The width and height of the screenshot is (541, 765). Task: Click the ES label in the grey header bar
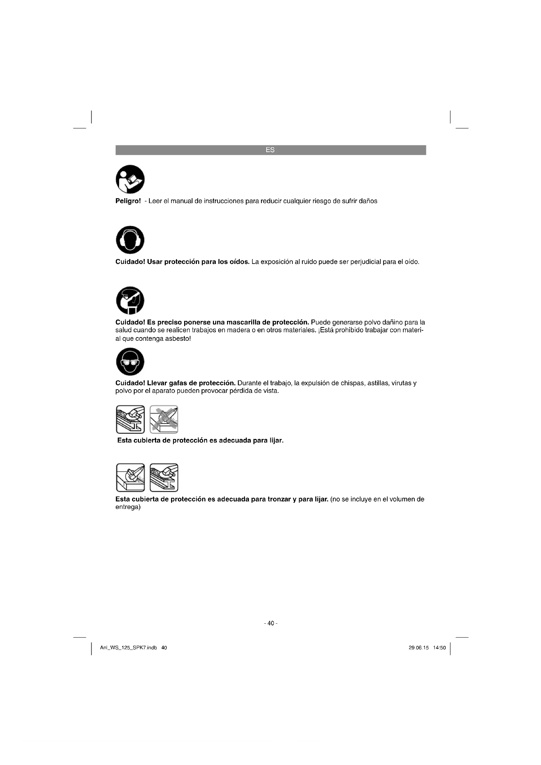(270, 150)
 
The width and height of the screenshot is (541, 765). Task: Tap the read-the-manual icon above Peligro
(130, 179)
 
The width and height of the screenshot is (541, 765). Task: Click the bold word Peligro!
(128, 201)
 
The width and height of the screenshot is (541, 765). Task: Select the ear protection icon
(130, 240)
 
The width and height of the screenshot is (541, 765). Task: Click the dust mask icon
(130, 300)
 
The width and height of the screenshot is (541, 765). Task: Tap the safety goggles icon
(130, 361)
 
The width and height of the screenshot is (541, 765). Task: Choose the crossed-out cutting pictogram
(164, 420)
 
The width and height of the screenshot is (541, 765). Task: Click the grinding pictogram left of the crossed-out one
(130, 420)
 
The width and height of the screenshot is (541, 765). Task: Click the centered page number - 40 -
(270, 623)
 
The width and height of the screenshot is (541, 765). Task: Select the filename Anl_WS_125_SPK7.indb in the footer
(129, 648)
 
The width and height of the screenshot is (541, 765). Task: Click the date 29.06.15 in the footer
(418, 648)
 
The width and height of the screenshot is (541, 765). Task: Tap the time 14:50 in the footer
(439, 648)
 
